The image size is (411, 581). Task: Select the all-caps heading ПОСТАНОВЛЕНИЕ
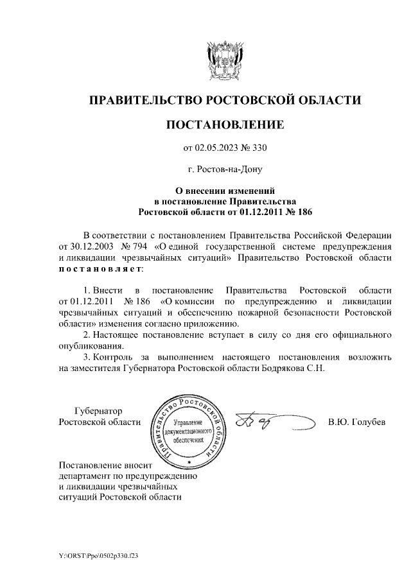coord(224,125)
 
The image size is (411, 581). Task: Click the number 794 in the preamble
coord(137,247)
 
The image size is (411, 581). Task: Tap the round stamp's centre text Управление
coord(188,424)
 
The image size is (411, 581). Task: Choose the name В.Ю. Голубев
coord(356,422)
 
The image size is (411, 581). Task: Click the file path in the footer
coord(98,554)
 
